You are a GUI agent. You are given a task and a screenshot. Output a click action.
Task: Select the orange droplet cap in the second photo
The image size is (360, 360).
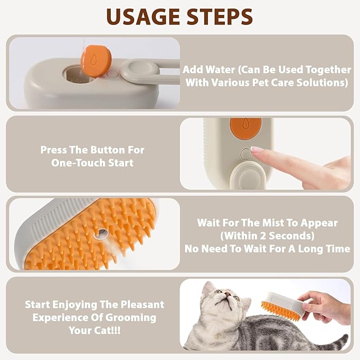pyautogui.click(x=245, y=126)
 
